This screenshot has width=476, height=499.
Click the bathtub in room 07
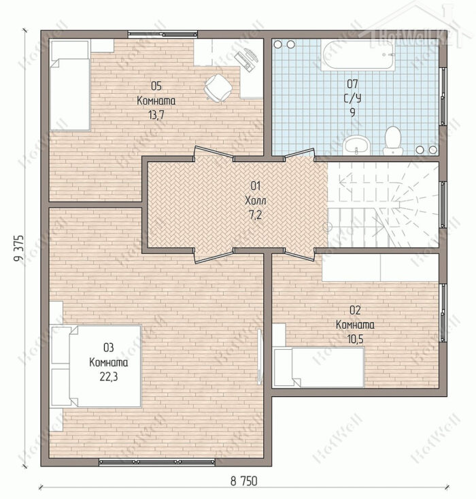tap(358, 55)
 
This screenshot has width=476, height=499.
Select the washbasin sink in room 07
tap(356, 145)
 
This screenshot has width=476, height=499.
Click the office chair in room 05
tap(218, 88)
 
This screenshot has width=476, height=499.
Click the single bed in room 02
tap(319, 367)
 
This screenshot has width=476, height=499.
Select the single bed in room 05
tap(70, 85)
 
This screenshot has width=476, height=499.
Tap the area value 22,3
tap(109, 376)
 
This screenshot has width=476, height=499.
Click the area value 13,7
tap(156, 115)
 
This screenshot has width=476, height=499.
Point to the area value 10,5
tap(355, 339)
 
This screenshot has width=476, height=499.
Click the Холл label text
tap(256, 201)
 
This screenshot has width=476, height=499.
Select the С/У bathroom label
tap(353, 98)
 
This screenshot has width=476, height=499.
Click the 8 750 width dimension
tap(244, 481)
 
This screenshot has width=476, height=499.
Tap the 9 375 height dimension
tap(19, 248)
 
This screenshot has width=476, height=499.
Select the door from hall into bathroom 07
tap(299, 154)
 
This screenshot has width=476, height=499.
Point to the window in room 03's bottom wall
tap(157, 461)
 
